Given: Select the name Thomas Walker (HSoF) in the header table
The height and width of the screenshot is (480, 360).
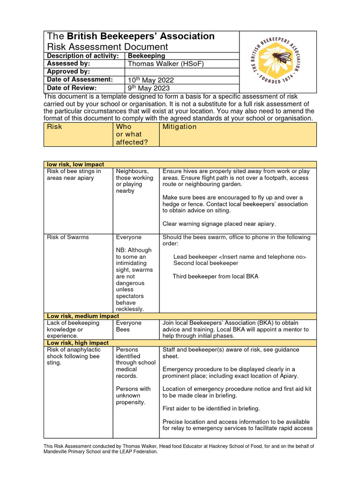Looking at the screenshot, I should (x=166, y=64).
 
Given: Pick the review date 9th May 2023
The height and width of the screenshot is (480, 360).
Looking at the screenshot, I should (x=149, y=88).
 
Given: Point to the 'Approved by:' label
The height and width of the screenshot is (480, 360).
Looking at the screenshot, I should (x=68, y=72).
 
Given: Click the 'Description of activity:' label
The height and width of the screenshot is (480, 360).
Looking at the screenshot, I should (x=82, y=56).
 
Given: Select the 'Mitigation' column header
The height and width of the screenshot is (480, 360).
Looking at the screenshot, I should (x=179, y=127).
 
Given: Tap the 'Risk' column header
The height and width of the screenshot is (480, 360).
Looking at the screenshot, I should (x=54, y=127).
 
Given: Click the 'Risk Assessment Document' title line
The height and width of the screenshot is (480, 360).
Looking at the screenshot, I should (x=107, y=47).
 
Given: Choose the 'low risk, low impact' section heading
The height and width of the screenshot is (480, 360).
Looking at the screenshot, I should (x=75, y=165).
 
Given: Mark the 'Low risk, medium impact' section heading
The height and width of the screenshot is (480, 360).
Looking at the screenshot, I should (x=83, y=316).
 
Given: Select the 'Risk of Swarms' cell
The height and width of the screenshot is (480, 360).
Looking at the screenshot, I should (x=67, y=237).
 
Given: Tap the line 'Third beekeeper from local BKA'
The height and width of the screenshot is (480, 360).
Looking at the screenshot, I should (x=215, y=277).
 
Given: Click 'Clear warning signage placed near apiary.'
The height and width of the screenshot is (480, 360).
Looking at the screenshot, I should (x=219, y=224).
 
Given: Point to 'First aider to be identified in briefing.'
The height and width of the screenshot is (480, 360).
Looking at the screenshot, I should (x=211, y=408).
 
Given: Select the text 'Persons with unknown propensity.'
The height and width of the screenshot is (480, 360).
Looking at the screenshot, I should (x=133, y=395).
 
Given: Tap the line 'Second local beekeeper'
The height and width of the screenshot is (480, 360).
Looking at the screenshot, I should (x=206, y=263).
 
